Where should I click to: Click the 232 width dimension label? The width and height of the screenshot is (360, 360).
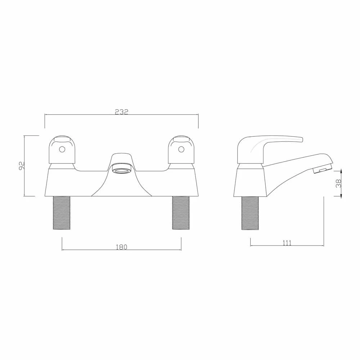[122, 112]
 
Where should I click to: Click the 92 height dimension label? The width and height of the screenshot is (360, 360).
[22, 166]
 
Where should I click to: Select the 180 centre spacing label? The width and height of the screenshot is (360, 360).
[122, 247]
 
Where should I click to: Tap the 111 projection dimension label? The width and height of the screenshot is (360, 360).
[287, 243]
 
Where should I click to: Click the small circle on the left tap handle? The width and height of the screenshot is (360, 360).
[62, 149]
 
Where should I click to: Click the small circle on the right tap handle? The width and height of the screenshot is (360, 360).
[181, 149]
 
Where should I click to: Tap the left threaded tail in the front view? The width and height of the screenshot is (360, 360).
[62, 213]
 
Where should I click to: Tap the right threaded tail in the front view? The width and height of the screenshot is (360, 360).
[181, 213]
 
